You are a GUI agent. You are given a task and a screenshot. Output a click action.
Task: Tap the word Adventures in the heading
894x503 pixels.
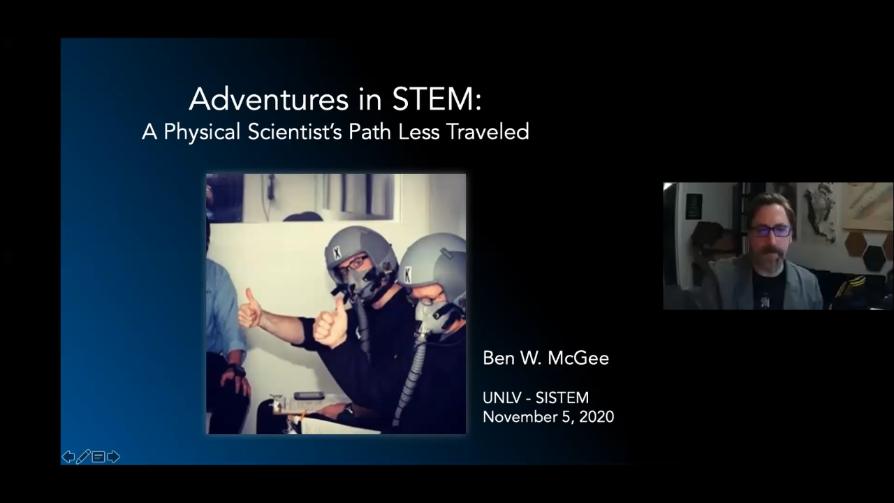coord(269,99)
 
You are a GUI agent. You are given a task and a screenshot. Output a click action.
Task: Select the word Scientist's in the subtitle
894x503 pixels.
coord(295,131)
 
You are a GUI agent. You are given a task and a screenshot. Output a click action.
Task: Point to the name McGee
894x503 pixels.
coord(578,358)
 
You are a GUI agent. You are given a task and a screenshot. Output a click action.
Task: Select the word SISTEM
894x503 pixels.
coord(562,398)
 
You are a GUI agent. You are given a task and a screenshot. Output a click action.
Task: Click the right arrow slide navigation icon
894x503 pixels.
coord(113,457)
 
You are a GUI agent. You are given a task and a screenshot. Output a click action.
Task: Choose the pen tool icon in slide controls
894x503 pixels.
coord(83,457)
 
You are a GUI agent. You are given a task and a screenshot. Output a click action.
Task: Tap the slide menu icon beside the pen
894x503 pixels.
coord(98,457)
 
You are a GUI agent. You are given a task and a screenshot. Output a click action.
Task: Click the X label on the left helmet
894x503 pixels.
coord(337,253)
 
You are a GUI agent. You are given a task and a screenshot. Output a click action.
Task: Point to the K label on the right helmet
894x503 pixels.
coord(407,275)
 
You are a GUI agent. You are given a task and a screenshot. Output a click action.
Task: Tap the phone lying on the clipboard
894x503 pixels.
coord(309,396)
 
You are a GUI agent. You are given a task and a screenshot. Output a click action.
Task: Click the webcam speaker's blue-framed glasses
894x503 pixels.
coord(770,231)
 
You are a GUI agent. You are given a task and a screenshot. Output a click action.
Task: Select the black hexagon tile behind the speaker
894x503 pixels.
coord(874,258)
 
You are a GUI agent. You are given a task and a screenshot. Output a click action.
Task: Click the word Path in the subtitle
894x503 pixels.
coord(369,131)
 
